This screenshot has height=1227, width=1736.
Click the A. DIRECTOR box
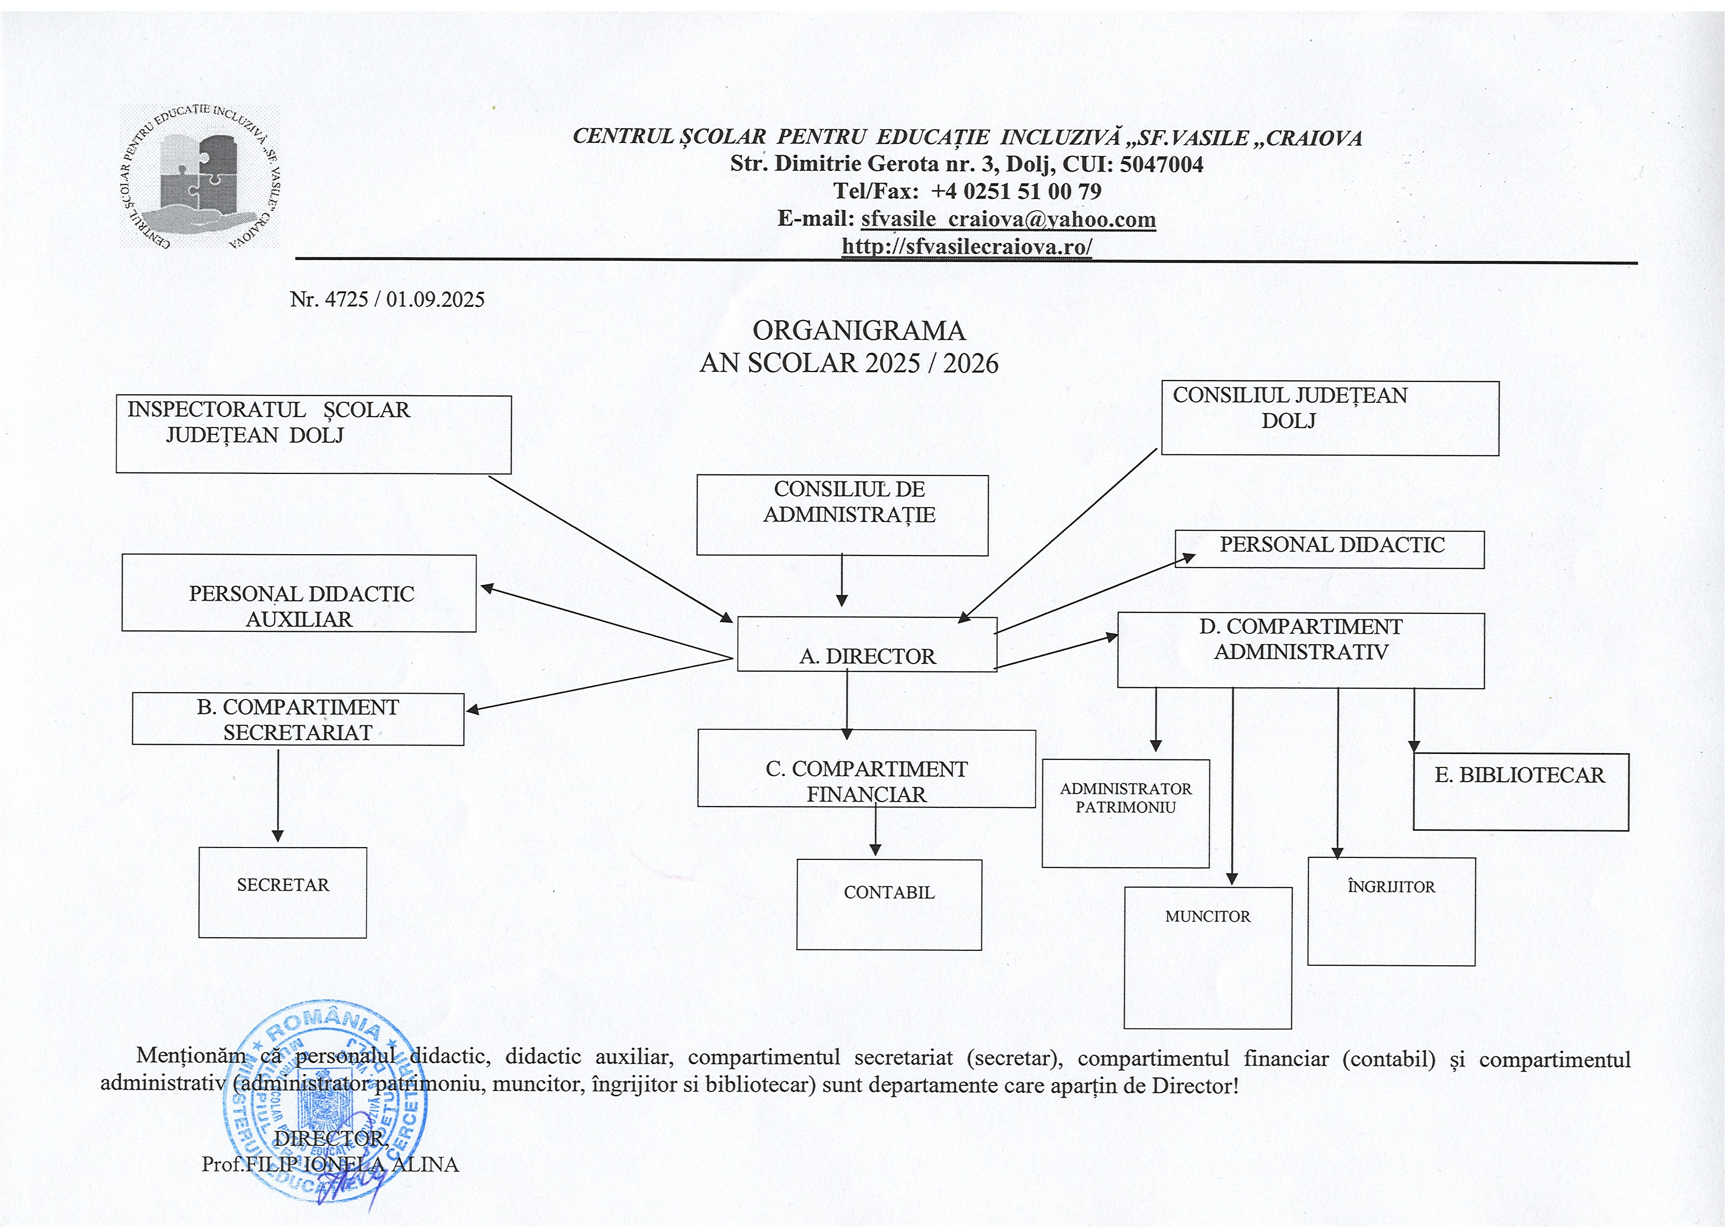[x=867, y=645]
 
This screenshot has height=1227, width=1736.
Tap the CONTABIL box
[x=889, y=905]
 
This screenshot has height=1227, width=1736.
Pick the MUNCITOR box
[x=1207, y=958]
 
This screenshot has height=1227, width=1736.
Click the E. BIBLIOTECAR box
[x=1521, y=792]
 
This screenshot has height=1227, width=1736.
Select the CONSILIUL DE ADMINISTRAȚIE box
[x=842, y=515]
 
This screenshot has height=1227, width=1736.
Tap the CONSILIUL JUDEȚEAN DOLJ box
[x=1330, y=418]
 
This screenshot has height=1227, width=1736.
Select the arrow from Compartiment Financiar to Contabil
[x=875, y=830]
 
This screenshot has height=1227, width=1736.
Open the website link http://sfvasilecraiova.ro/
[x=966, y=246]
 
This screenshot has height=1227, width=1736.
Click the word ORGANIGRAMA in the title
[x=859, y=330]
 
